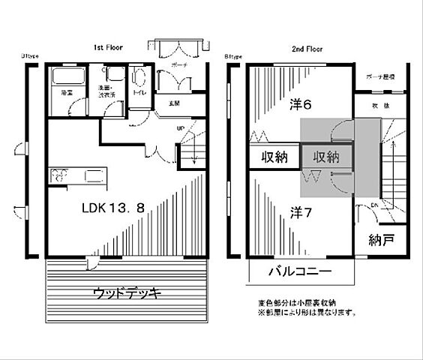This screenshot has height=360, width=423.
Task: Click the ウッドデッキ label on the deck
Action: (x=127, y=292)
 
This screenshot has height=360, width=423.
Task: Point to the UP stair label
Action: (x=180, y=128)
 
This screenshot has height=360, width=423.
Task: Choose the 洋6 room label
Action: (x=301, y=106)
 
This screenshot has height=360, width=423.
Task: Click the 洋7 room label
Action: (x=301, y=213)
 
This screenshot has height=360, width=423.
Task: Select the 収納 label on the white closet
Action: (x=274, y=157)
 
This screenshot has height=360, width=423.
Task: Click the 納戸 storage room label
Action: (x=382, y=241)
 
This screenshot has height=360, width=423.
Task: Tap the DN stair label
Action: (x=375, y=204)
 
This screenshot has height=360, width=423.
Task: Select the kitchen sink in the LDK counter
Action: (x=95, y=177)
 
